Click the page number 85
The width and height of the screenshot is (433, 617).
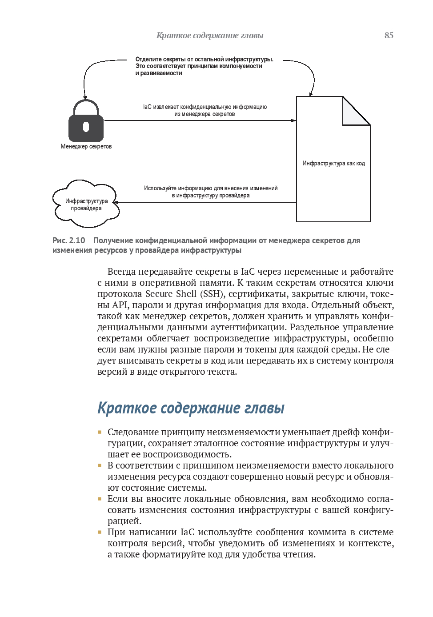(x=389, y=36)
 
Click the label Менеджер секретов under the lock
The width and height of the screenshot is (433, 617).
(x=86, y=147)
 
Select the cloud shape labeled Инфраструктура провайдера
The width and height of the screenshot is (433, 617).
(x=86, y=202)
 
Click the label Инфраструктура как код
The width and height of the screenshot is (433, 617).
(x=333, y=164)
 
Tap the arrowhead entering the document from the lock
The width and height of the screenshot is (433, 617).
(x=293, y=120)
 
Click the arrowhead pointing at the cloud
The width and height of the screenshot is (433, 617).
(x=116, y=202)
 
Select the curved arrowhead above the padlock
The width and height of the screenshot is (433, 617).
(x=85, y=97)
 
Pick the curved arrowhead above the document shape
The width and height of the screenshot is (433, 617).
(x=311, y=94)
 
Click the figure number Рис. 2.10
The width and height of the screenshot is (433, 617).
(x=68, y=240)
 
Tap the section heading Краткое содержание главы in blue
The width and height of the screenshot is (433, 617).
(x=191, y=408)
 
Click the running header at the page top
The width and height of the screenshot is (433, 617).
(x=210, y=36)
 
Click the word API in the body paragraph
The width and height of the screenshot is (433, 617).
(x=120, y=305)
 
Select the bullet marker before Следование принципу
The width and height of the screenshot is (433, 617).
(x=100, y=432)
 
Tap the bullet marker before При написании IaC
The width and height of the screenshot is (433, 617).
(x=100, y=532)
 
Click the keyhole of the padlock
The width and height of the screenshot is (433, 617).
(x=86, y=127)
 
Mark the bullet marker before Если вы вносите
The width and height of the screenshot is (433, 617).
(x=100, y=499)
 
